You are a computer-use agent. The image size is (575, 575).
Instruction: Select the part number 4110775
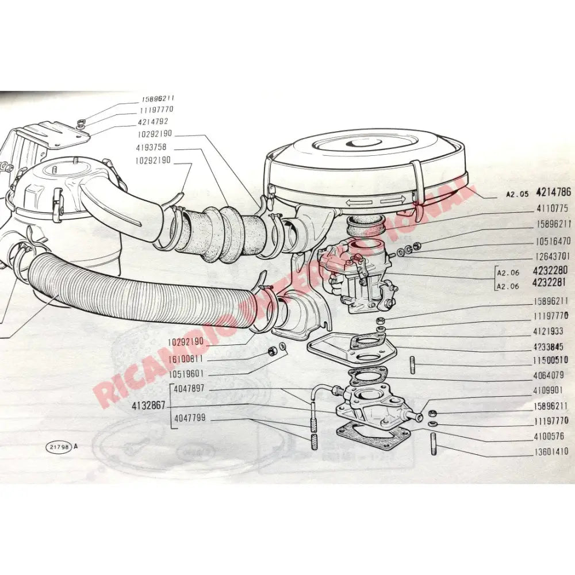point(551,209)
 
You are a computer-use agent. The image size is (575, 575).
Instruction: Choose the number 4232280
point(550,270)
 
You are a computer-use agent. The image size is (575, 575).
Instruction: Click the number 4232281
point(550,283)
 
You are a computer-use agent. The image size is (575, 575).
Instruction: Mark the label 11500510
point(550,361)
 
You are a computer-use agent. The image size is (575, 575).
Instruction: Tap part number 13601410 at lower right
point(550,452)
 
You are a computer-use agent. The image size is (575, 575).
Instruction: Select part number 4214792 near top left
point(153,121)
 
